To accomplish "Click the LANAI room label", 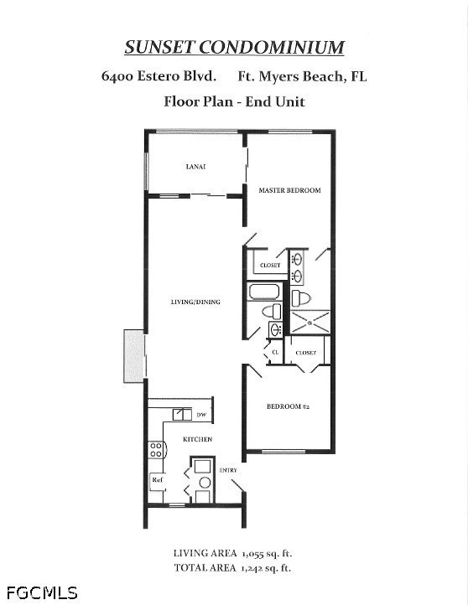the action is (x=195, y=167).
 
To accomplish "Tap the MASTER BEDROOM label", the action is (x=289, y=190).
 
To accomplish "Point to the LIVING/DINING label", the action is (x=195, y=302).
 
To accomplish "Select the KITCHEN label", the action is (x=197, y=439).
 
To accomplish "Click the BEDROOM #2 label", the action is (x=288, y=406).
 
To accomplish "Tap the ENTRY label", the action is (x=228, y=470).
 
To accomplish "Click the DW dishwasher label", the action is (x=201, y=415).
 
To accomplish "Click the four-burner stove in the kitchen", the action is (x=157, y=450).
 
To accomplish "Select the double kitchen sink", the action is (x=182, y=415).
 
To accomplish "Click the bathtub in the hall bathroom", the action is (x=264, y=292).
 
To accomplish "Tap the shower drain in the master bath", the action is (x=309, y=323).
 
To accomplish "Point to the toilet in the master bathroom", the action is (x=301, y=298).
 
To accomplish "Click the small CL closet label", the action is (x=275, y=352).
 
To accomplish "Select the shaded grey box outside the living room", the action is (x=133, y=356).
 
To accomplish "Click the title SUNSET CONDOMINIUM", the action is (x=234, y=47).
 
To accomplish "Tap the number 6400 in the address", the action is (x=117, y=76).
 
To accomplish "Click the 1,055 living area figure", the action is (x=253, y=554).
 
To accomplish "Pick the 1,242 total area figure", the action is (x=252, y=568).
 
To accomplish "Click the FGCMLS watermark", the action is (x=42, y=592).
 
